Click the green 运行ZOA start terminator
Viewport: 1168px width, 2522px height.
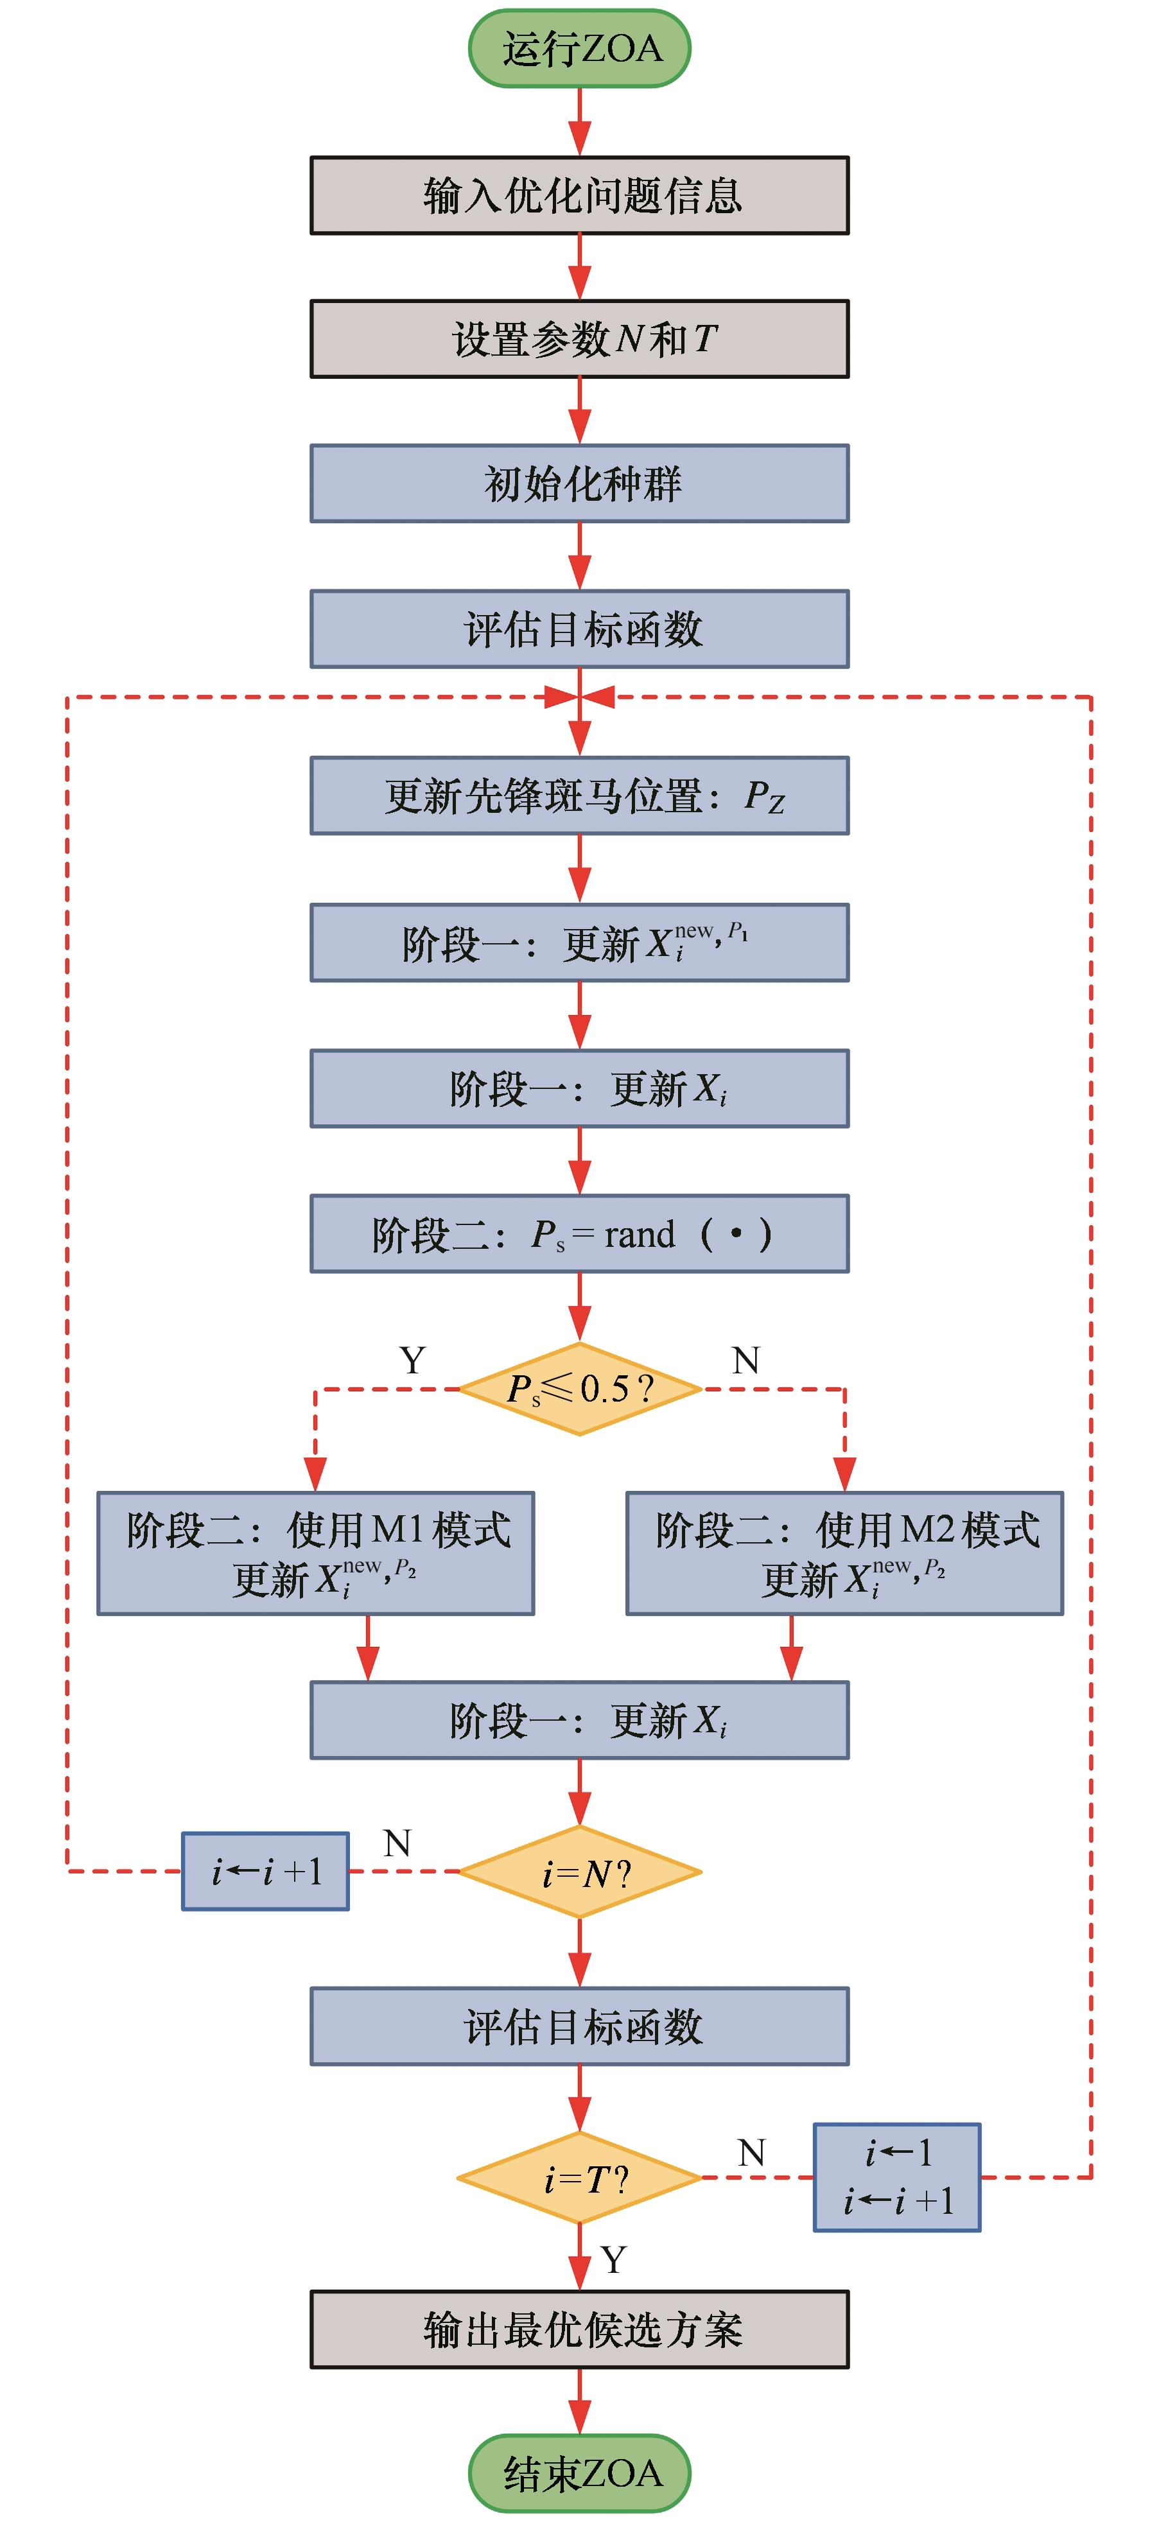click(x=580, y=48)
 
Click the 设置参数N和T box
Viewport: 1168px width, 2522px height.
click(x=580, y=339)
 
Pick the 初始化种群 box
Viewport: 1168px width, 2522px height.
click(x=580, y=483)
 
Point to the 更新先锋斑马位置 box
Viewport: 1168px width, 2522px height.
click(x=580, y=795)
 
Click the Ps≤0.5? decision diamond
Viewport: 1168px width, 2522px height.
click(x=580, y=1388)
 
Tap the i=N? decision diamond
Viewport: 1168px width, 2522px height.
click(x=580, y=1872)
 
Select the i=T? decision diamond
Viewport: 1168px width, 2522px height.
click(x=580, y=2177)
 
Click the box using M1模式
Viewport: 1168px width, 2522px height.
click(x=315, y=1552)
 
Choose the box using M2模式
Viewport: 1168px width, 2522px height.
click(x=844, y=1552)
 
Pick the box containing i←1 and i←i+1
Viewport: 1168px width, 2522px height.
click(x=897, y=2177)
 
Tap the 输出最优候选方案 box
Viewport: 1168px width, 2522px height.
click(x=580, y=2329)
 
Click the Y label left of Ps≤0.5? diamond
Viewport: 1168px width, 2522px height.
click(x=413, y=1360)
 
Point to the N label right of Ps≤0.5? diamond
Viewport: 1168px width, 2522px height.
click(x=746, y=1360)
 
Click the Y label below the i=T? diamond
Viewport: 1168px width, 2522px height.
click(x=614, y=2259)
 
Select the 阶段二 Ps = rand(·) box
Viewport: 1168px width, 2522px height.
click(x=580, y=1233)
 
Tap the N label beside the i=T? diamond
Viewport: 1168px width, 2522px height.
click(x=751, y=2152)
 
